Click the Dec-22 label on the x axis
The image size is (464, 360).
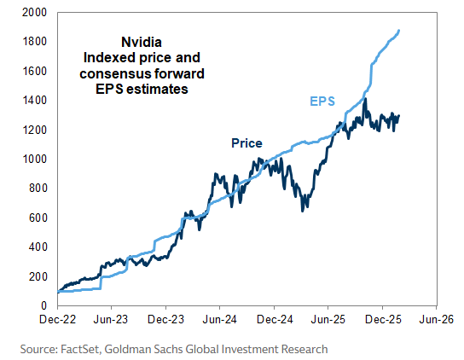tap(56, 321)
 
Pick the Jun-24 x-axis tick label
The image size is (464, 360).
tap(219, 321)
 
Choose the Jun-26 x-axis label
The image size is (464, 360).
tap(437, 321)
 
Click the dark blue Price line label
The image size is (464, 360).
tap(246, 143)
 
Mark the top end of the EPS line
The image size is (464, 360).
tap(400, 31)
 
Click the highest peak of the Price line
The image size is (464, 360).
tap(365, 99)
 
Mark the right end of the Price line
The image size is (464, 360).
tap(399, 116)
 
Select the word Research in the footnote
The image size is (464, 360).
tap(303, 349)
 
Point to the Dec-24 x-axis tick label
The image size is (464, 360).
tap(274, 321)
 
